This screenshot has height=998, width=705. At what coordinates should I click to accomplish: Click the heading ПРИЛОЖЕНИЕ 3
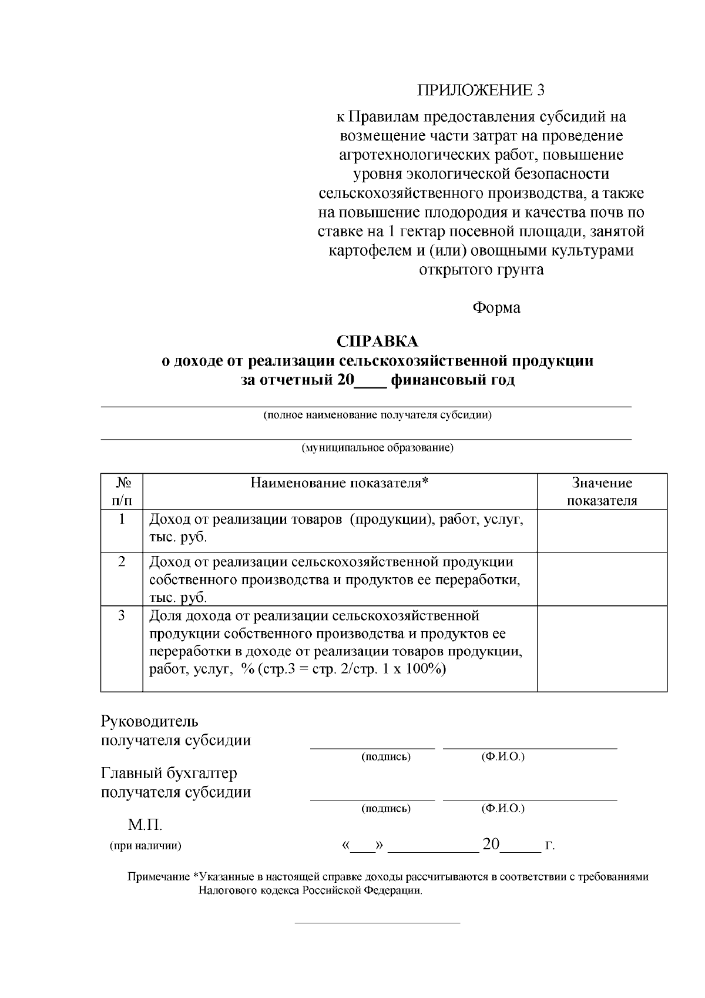(481, 90)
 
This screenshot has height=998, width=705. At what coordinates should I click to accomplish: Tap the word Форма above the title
(496, 307)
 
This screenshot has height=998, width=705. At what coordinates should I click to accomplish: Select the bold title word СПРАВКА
(377, 341)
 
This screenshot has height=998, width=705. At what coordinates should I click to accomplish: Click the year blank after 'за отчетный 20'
(370, 380)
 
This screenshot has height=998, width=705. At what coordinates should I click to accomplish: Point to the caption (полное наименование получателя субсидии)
(377, 415)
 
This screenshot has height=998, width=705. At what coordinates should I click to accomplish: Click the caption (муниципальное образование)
(377, 448)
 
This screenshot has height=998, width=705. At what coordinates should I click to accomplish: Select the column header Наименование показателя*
(340, 483)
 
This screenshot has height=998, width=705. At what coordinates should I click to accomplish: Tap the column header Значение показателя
(602, 491)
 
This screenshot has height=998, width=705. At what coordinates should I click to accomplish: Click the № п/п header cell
(122, 491)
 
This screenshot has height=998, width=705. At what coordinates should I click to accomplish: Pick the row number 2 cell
(122, 561)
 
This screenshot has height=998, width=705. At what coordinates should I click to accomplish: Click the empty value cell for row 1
(602, 530)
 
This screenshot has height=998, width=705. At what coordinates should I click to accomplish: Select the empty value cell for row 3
(602, 648)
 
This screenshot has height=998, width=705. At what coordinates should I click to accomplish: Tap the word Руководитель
(150, 721)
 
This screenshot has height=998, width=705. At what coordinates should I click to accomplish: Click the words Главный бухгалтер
(169, 773)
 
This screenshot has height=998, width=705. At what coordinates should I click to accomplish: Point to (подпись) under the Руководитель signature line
(385, 756)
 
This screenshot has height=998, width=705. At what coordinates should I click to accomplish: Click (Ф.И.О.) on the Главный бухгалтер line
(502, 808)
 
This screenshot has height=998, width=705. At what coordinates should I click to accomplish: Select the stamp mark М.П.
(145, 825)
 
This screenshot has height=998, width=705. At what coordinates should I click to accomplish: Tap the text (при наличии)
(145, 846)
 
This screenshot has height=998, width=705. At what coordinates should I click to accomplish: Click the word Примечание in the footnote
(159, 877)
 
